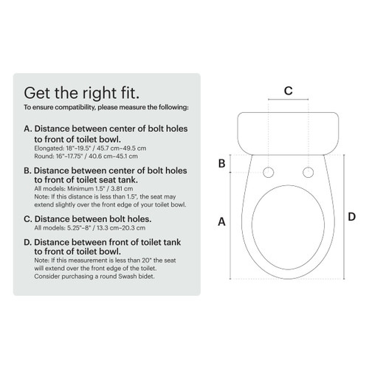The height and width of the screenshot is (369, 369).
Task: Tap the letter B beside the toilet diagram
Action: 221,164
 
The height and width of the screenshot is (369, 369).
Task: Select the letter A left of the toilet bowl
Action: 221,221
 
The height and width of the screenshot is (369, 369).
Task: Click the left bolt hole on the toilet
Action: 268,172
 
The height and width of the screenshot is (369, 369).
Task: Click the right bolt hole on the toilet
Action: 308,172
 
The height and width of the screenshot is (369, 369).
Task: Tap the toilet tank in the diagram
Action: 288,131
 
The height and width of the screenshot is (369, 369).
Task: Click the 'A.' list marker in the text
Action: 29,128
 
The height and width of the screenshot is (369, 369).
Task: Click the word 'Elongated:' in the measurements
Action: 48,148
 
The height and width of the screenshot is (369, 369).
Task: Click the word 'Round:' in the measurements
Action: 43,156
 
